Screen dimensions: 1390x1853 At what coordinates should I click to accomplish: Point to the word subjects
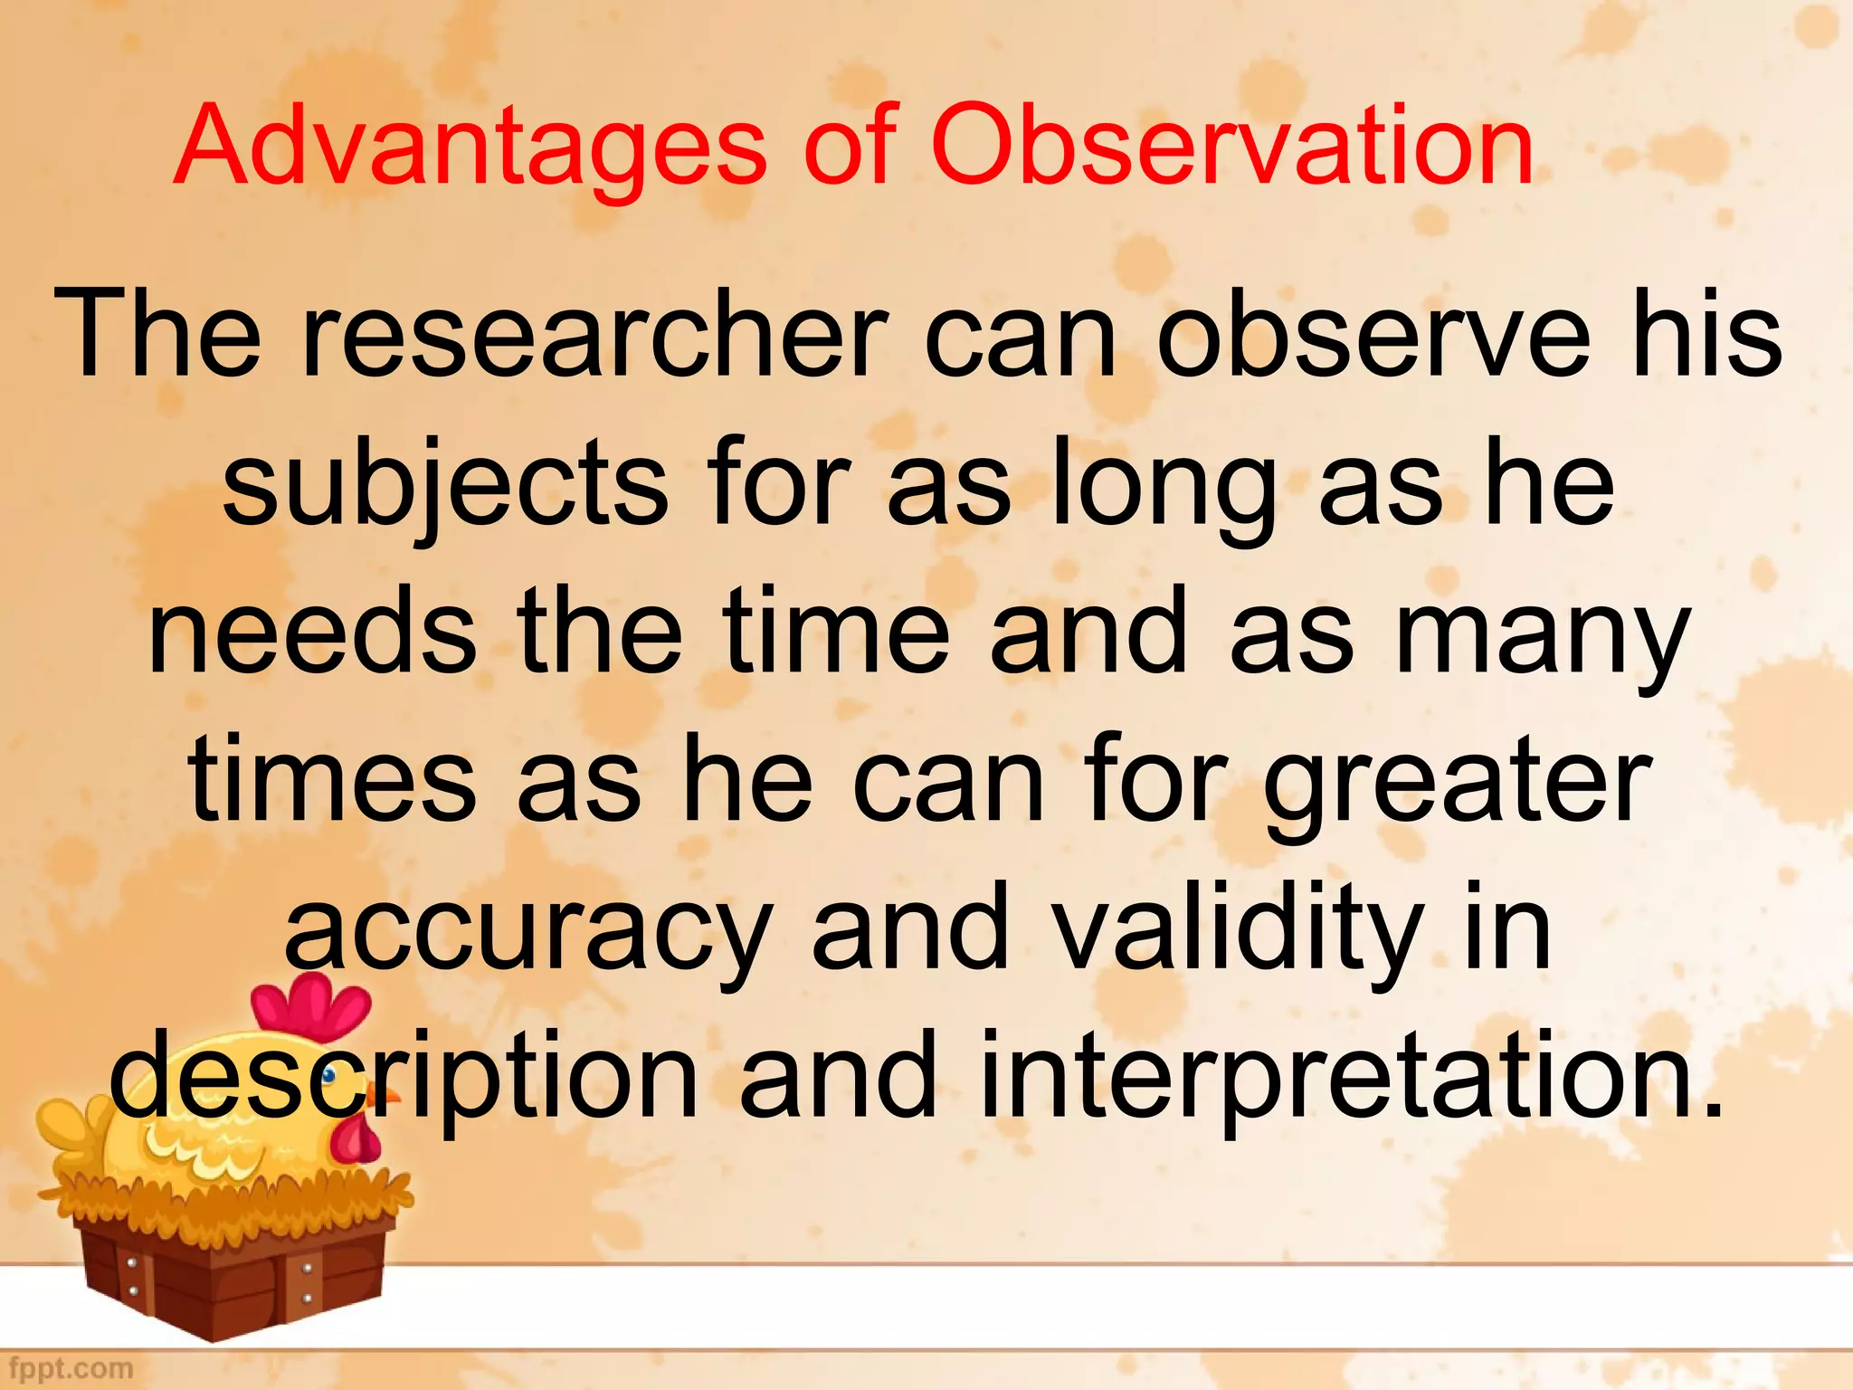coord(444,484)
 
